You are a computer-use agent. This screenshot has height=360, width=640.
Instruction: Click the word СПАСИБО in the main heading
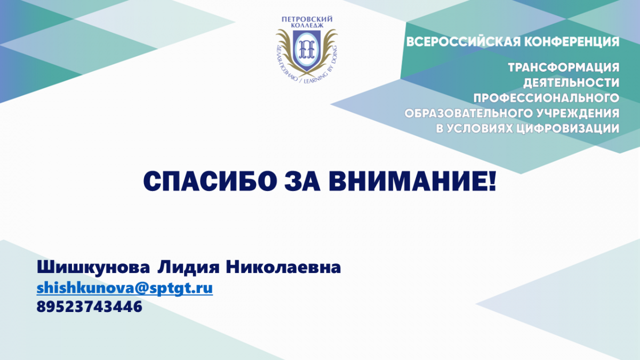[210, 181]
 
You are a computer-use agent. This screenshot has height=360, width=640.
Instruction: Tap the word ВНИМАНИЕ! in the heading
[412, 181]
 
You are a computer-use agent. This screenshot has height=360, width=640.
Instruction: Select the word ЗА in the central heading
[302, 181]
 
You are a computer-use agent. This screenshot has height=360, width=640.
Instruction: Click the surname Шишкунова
[93, 268]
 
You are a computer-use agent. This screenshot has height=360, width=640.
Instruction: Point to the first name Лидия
[188, 268]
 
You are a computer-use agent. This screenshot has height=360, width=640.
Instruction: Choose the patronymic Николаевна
[283, 268]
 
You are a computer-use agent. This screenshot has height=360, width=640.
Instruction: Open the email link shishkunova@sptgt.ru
[125, 288]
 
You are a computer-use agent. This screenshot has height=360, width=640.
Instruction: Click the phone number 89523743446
[89, 307]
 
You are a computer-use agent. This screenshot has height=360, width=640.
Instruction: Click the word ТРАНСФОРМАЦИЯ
[563, 68]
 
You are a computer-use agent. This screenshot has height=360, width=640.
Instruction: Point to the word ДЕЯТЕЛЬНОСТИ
[571, 83]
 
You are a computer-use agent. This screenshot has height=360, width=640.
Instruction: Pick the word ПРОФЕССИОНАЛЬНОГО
[546, 98]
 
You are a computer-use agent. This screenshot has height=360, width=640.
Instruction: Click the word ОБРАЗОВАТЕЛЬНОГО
[468, 113]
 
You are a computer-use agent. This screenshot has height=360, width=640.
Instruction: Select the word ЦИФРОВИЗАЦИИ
[569, 129]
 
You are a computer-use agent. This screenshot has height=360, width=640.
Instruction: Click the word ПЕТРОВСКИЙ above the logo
[307, 19]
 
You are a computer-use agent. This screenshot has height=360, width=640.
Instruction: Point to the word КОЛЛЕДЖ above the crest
[307, 26]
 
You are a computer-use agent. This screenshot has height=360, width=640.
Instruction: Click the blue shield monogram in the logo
[307, 50]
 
